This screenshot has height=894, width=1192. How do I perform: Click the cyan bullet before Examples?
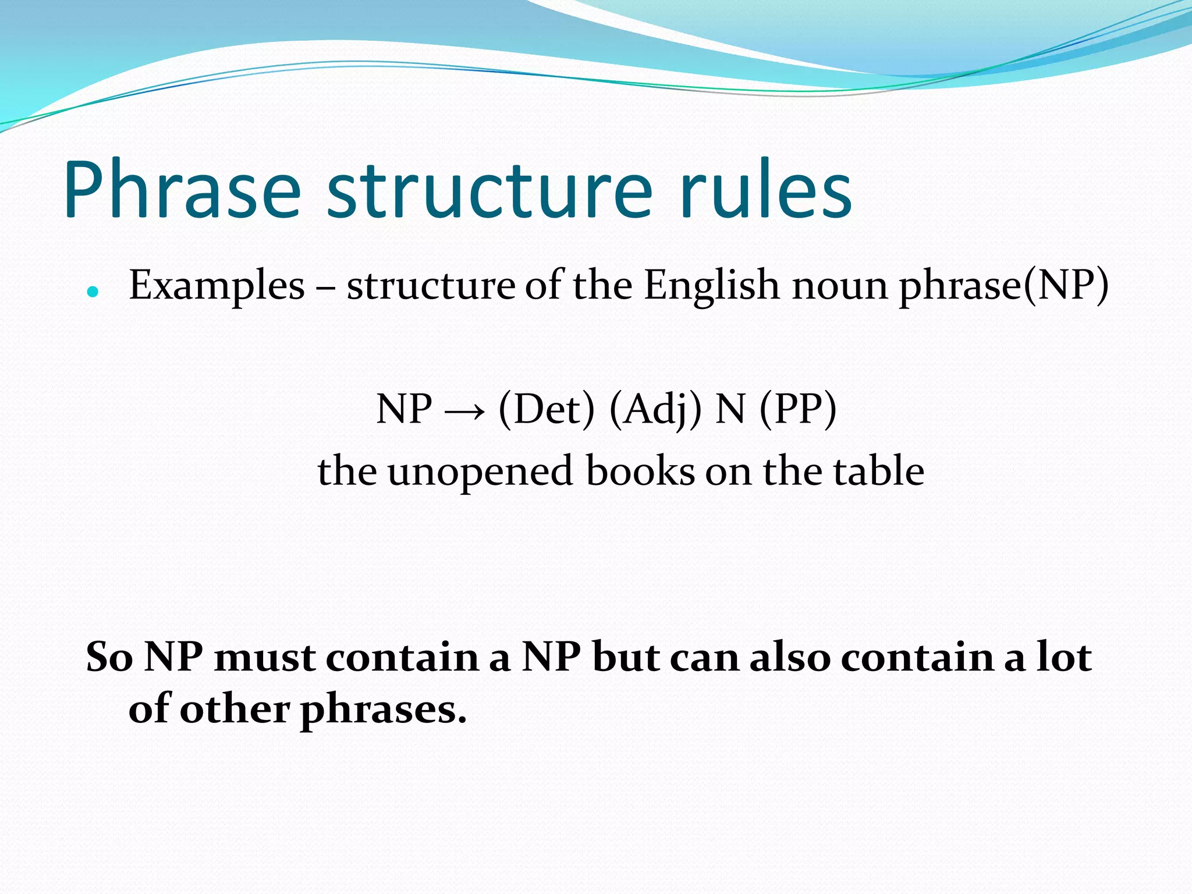[93, 291]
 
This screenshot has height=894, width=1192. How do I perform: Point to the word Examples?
[217, 286]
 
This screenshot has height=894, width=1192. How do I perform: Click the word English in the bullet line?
[711, 286]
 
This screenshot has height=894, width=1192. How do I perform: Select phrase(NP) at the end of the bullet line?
[1004, 286]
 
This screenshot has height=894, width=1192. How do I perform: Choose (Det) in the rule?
[547, 410]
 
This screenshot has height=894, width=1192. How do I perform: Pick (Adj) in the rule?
[655, 410]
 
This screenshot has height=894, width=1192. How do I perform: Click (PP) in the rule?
[798, 410]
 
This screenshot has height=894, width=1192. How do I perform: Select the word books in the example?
[640, 471]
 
